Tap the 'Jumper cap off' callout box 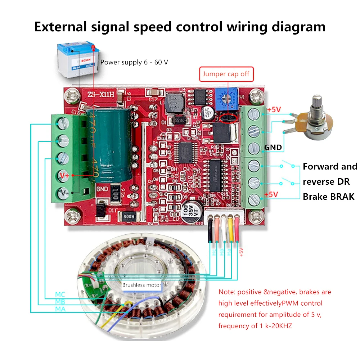[226, 74]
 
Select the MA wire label [60, 309]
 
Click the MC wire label [60, 294]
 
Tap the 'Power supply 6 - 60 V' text [134, 62]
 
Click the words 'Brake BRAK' [328, 197]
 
